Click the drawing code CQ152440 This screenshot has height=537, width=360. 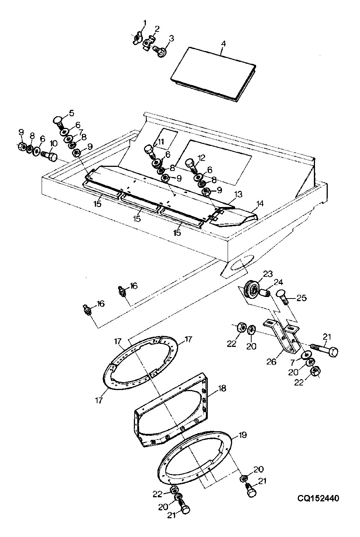point(318,498)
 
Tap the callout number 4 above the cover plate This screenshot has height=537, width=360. point(223,44)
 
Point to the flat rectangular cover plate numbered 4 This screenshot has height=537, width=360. point(213,75)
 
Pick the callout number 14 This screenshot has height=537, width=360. point(260,204)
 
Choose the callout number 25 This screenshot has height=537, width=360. point(301,298)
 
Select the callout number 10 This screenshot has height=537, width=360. point(54,144)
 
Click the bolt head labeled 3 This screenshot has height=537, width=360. point(161,51)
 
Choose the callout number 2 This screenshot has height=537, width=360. point(157,29)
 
